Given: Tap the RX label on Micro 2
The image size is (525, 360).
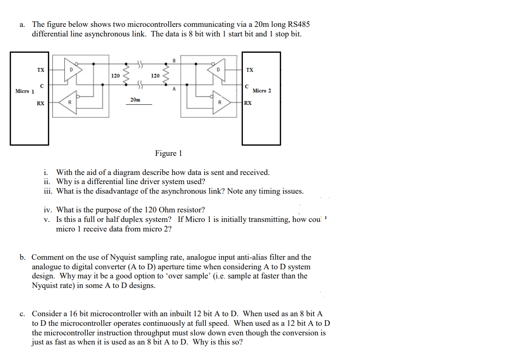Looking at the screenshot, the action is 248,103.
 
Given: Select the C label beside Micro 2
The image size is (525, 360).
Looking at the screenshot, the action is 247,86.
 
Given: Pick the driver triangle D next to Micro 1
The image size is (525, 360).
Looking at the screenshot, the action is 73,70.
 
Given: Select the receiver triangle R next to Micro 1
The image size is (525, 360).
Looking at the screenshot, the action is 68,103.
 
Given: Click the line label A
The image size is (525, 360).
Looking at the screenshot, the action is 174,90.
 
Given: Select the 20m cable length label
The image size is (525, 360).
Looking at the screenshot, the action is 135,99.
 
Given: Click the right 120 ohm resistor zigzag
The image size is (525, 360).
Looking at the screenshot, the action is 167,75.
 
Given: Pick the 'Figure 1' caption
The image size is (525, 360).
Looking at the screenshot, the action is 168,153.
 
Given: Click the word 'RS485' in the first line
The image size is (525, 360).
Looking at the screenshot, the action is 299,24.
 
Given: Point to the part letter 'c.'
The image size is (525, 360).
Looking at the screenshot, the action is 22,314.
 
